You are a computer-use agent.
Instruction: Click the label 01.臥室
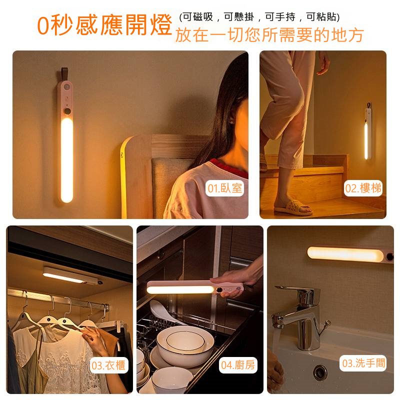coord(224,188)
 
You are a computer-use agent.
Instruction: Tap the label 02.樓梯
coord(363,188)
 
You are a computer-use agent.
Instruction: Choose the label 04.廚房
coord(238,365)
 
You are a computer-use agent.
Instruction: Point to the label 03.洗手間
coord(363,363)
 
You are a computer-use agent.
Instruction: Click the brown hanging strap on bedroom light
coord(64,74)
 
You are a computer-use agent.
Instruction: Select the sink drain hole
coord(319,372)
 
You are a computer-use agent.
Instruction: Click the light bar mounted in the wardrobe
coord(72,275)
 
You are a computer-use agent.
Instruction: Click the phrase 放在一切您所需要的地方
coord(269,35)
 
